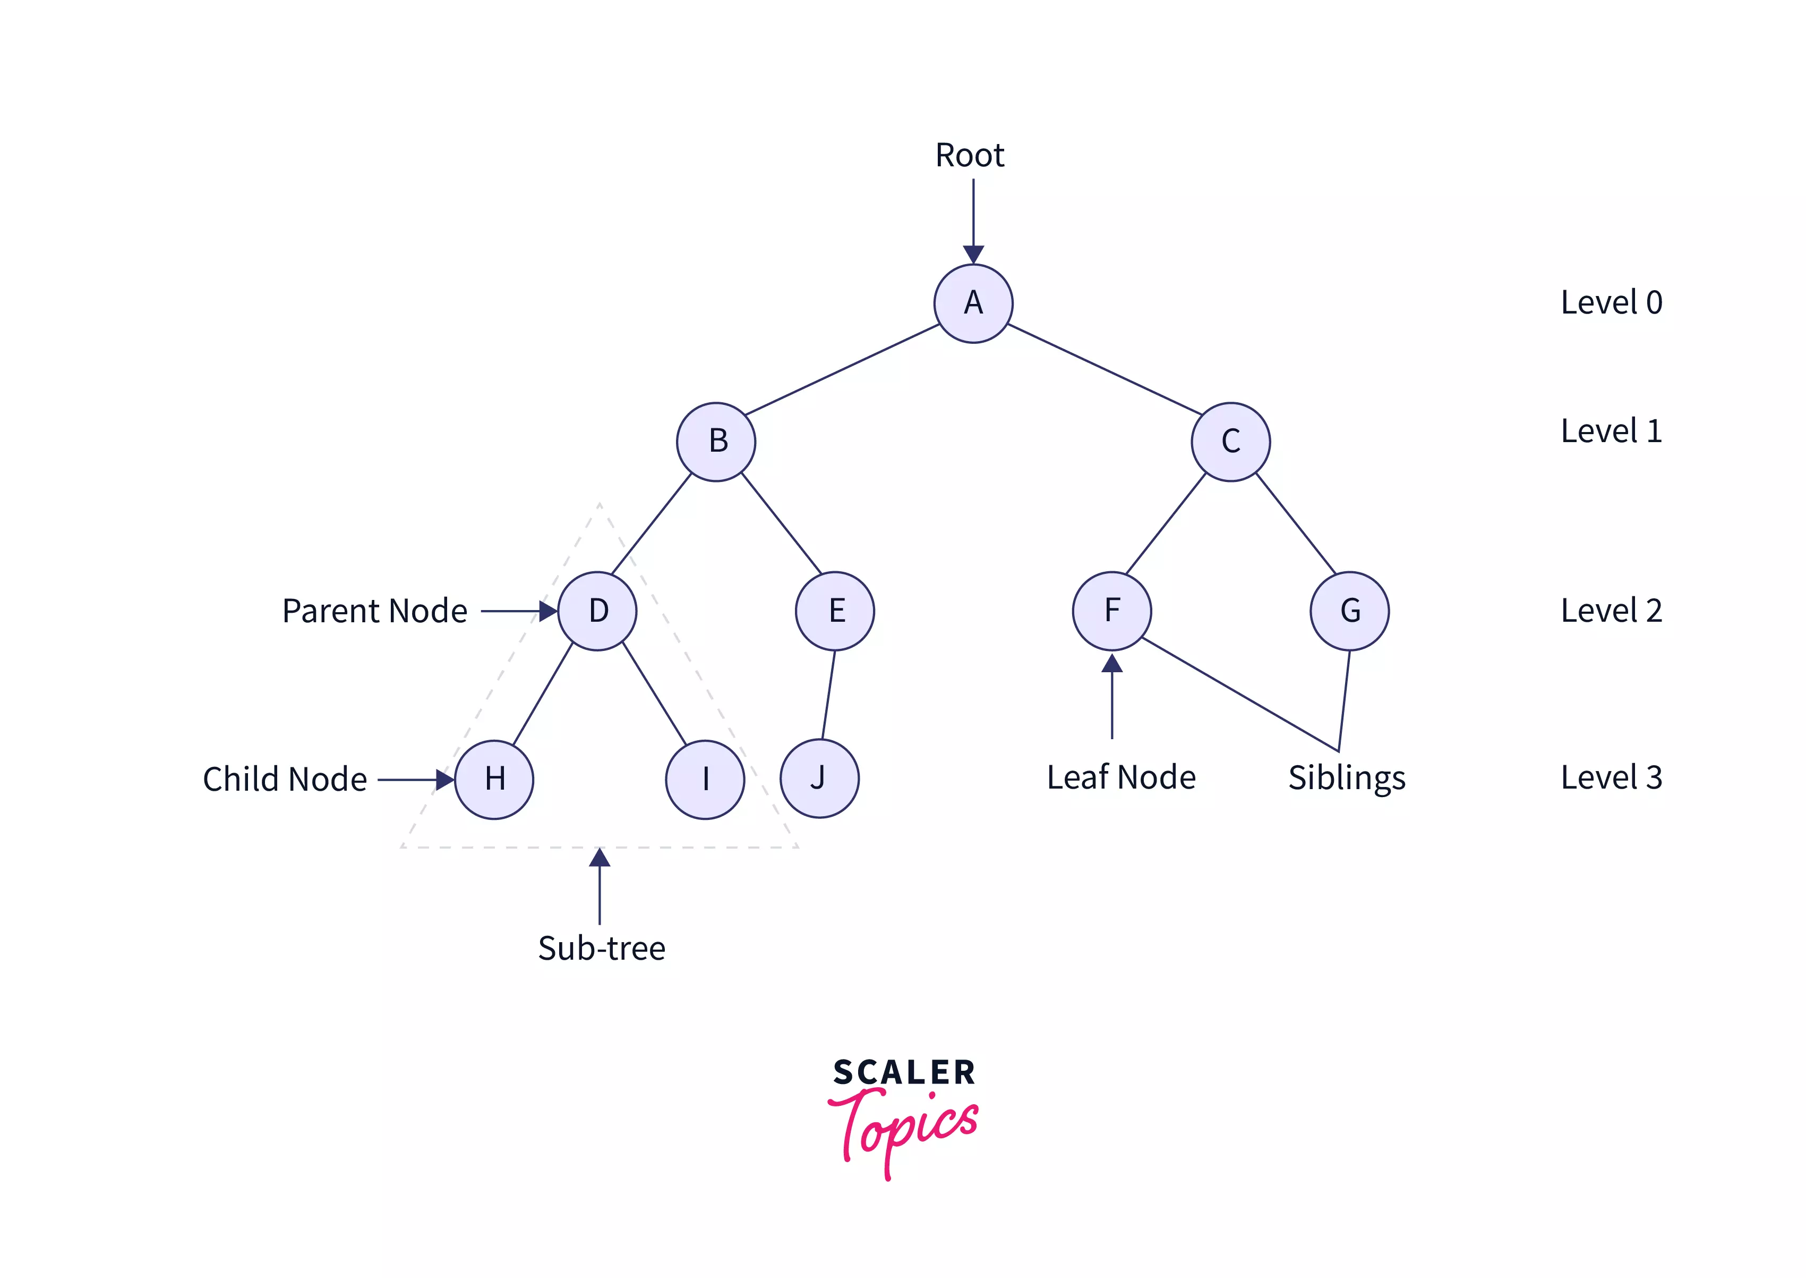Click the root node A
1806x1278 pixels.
pyautogui.click(x=973, y=303)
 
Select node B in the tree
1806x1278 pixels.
pyautogui.click(x=716, y=442)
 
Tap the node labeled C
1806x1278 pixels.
pyautogui.click(x=1230, y=442)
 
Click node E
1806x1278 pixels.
pyautogui.click(x=835, y=611)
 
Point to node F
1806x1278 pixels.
pyautogui.click(x=1111, y=611)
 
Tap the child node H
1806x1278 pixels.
pyautogui.click(x=494, y=779)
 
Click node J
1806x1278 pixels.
pyautogui.click(x=819, y=778)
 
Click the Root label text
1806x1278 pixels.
pyautogui.click(x=969, y=155)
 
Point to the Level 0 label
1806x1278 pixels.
pyautogui.click(x=1611, y=303)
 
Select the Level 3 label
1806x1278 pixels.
pyautogui.click(x=1611, y=777)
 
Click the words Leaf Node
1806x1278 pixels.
pyautogui.click(x=1121, y=777)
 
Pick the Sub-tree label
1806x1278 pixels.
pyautogui.click(x=602, y=948)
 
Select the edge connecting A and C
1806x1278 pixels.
pyautogui.click(x=1105, y=369)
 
